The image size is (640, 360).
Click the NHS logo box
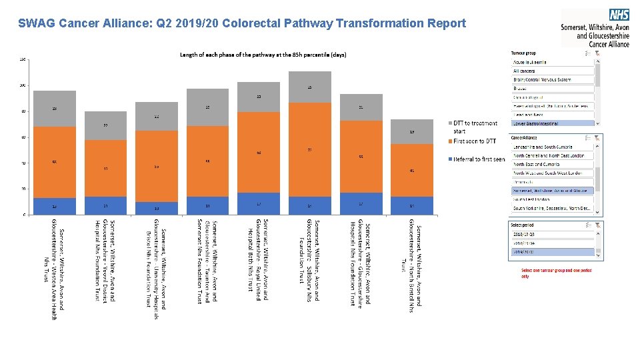coord(619,14)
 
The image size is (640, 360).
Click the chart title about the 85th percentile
coord(263,55)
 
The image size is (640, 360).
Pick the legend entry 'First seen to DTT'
coord(474,141)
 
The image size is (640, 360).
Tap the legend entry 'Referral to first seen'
coord(477,159)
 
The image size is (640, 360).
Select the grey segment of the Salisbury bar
coord(309,87)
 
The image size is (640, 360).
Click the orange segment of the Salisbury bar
coord(309,149)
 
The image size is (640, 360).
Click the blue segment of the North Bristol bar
coord(412,205)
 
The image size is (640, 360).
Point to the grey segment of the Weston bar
coord(55,109)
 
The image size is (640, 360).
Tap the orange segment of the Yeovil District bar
coord(105,168)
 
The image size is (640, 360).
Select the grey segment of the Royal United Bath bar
coord(259,97)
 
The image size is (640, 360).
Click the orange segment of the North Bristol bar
coord(412,170)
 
